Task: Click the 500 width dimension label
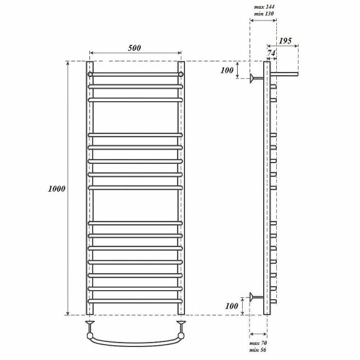pyautogui.click(x=135, y=48)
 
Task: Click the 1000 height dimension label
pyautogui.click(x=56, y=189)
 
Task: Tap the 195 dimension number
pyautogui.click(x=285, y=41)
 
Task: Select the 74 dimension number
pyautogui.click(x=271, y=53)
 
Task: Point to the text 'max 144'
pyautogui.click(x=264, y=7)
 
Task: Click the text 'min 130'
pyautogui.click(x=264, y=14)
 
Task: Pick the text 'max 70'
pyautogui.click(x=258, y=343)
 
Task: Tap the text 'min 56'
pyautogui.click(x=258, y=350)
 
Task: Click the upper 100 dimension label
pyautogui.click(x=227, y=70)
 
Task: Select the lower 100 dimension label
pyautogui.click(x=232, y=306)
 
